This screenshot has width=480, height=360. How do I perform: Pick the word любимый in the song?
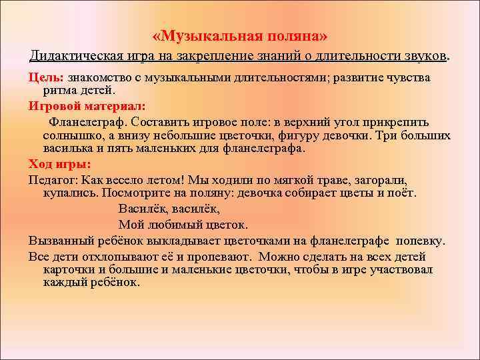tap(173, 224)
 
